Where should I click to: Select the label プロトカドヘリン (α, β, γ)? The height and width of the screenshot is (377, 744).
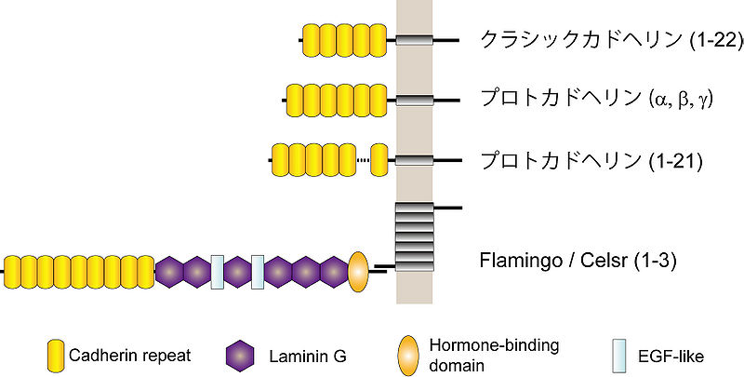(595, 99)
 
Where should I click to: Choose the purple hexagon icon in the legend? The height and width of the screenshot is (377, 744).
(241, 355)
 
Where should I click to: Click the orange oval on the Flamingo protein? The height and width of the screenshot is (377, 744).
(360, 271)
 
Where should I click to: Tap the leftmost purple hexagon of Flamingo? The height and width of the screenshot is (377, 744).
(169, 271)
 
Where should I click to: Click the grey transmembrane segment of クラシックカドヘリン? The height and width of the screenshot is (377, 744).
(414, 40)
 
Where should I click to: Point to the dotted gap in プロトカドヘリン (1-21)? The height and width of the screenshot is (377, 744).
(363, 160)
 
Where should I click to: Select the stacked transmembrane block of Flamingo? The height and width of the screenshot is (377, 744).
(415, 238)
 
